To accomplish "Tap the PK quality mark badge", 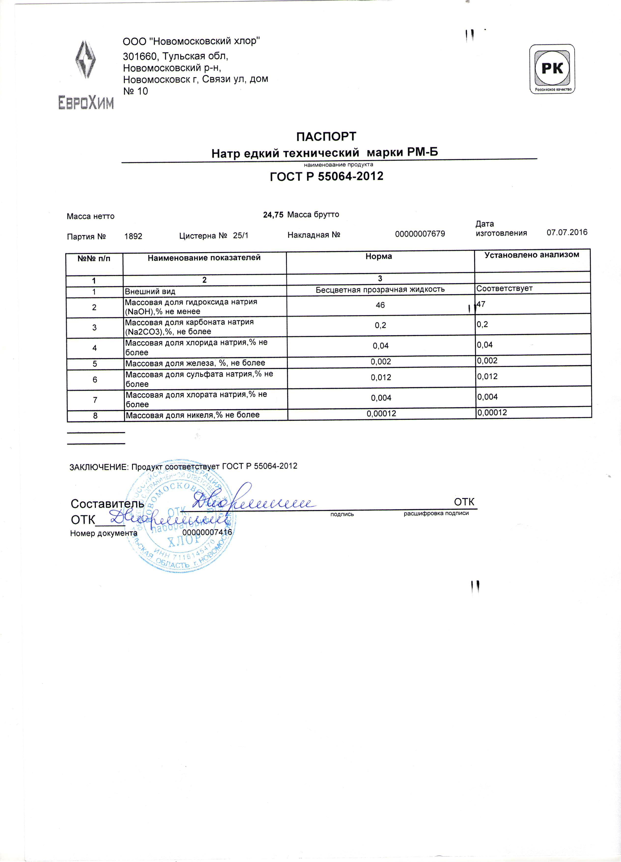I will pyautogui.click(x=552, y=69).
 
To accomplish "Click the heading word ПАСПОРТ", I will pyautogui.click(x=326, y=136).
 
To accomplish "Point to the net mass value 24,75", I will pyautogui.click(x=273, y=215).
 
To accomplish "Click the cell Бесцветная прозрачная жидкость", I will pyautogui.click(x=380, y=290).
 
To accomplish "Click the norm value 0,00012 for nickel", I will pyautogui.click(x=381, y=413).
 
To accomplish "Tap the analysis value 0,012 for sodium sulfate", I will pyautogui.click(x=487, y=377).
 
